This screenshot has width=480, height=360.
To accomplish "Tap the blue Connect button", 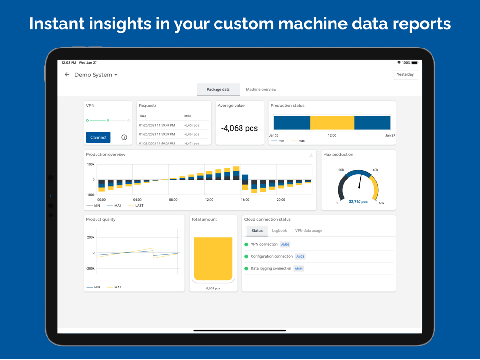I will pyautogui.click(x=98, y=137).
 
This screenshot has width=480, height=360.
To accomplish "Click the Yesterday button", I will pyautogui.click(x=405, y=74).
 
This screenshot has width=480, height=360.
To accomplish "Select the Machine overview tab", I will pyautogui.click(x=261, y=89).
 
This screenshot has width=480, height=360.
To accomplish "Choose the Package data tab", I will pyautogui.click(x=218, y=89).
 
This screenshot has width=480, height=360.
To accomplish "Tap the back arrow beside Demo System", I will pyautogui.click(x=67, y=75).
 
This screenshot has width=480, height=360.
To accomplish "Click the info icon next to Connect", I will pyautogui.click(x=124, y=137).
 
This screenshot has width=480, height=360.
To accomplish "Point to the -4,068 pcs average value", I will pyautogui.click(x=239, y=128).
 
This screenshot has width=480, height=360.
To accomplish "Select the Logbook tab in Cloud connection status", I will pyautogui.click(x=279, y=231).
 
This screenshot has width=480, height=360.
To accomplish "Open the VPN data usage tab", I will pyautogui.click(x=308, y=231).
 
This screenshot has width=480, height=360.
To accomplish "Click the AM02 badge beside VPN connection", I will pyautogui.click(x=285, y=245).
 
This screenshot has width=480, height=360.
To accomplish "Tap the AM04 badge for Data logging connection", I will pyautogui.click(x=299, y=269).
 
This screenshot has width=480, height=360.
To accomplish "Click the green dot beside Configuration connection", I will pyautogui.click(x=246, y=257).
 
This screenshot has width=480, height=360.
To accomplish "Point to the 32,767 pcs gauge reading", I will pyautogui.click(x=358, y=202).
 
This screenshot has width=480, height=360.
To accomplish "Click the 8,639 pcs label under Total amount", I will pyautogui.click(x=213, y=288).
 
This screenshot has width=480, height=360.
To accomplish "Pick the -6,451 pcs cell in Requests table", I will pyautogui.click(x=192, y=125).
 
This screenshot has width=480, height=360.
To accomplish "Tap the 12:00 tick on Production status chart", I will pyautogui.click(x=332, y=135).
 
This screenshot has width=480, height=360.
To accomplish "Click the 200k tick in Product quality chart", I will pyautogui.click(x=90, y=237).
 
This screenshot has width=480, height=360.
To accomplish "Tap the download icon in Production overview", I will pyautogui.click(x=311, y=155).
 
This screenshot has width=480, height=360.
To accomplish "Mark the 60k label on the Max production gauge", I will pyautogui.click(x=381, y=203).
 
